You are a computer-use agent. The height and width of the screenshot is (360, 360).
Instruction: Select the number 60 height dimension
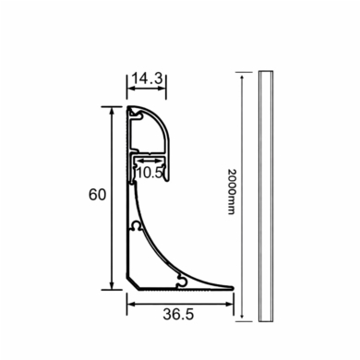point(96,195)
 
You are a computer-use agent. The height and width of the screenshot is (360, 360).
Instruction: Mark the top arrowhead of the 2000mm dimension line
point(243,75)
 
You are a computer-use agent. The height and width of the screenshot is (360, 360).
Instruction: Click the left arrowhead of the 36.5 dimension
point(129,301)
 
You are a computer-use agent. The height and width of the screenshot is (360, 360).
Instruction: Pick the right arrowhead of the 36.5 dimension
point(234,301)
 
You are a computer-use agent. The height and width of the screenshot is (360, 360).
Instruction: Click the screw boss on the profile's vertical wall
point(135,224)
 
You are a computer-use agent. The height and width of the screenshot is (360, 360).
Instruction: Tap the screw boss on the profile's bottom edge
point(182,278)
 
